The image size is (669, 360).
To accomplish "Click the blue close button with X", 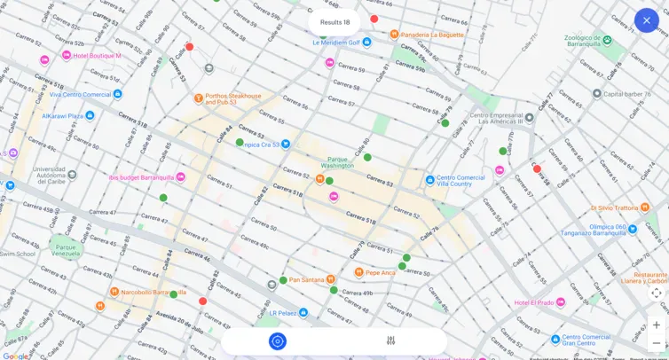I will tap(646, 20).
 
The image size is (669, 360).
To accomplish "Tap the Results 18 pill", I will tap(334, 22).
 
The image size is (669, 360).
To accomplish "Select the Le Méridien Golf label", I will tap(336, 42).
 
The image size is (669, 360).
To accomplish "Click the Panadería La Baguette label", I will tap(432, 35).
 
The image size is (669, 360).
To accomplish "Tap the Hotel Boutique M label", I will tap(97, 56).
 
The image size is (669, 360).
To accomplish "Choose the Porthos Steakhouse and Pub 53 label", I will tap(232, 99).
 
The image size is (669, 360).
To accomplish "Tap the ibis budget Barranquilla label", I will tap(141, 177).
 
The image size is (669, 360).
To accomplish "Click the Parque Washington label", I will tap(336, 162).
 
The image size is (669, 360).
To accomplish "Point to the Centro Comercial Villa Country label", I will tap(460, 180).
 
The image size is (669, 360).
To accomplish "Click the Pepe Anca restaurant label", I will tap(380, 272).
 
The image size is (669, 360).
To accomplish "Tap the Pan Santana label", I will tap(306, 279).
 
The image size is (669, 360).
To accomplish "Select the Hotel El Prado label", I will tap(533, 302).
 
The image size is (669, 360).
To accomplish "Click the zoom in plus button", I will tap(656, 325).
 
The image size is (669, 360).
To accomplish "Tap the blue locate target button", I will tap(278, 341).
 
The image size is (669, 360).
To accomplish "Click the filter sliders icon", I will tap(390, 341).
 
